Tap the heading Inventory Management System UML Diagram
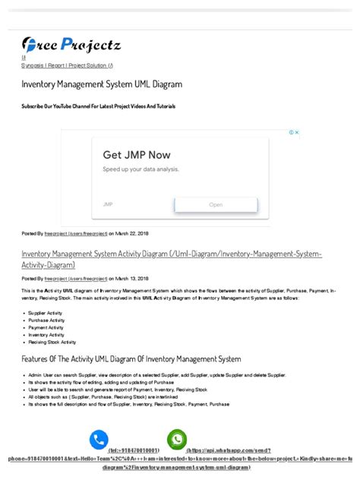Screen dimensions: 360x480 [101, 84]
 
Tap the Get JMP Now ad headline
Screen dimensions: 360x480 [137, 154]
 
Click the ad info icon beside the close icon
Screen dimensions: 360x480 [291, 133]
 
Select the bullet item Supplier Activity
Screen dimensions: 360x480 [46, 313]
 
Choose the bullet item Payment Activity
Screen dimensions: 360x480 [46, 327]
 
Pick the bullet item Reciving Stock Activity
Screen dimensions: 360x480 [52, 342]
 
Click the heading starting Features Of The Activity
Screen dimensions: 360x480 [131, 358]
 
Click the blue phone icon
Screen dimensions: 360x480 [99, 439]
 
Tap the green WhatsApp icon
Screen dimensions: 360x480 [177, 439]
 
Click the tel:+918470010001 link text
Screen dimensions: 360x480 [134, 451]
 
